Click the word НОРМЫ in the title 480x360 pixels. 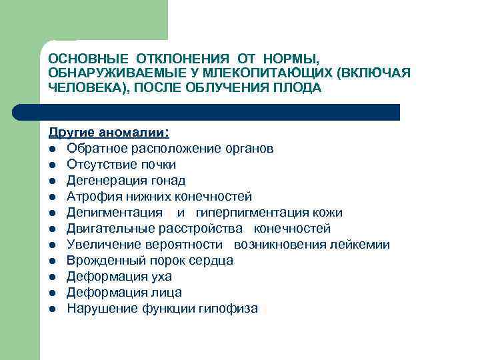point(292,59)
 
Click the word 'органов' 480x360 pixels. point(249,148)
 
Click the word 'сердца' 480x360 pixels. point(214,261)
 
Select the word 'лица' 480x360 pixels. point(167,293)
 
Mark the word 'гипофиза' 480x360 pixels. point(231,309)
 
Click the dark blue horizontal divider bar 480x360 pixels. point(220,112)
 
